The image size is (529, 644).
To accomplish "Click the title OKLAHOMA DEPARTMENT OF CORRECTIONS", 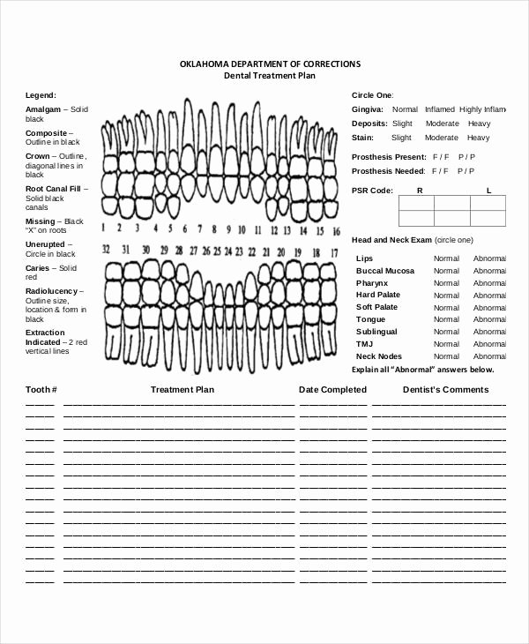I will tap(270, 64).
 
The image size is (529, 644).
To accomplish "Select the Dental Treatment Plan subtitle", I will tap(270, 77).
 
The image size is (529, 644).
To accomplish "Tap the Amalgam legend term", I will tap(43, 109).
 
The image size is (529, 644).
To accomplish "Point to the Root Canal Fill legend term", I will tap(53, 189).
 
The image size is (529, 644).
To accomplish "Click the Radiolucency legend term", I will tap(54, 291).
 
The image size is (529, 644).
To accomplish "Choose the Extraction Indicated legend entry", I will tap(45, 337).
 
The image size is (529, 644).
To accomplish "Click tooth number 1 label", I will tap(105, 228).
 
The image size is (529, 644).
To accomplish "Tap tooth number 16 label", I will tap(336, 231).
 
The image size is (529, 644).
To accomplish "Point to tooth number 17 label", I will tap(334, 252).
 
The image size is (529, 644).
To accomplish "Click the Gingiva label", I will tap(366, 110).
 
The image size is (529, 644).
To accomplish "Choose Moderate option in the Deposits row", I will tap(442, 124).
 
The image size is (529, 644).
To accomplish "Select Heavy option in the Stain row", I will tap(479, 138).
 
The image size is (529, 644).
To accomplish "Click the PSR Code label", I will tap(372, 191).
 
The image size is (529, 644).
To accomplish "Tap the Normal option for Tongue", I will tap(446, 319).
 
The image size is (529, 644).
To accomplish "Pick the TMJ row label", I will tap(364, 344).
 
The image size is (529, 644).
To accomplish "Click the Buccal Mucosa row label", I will tap(385, 271).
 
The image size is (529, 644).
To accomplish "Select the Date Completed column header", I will tap(332, 389).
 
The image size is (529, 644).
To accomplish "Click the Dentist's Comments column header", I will tap(445, 389).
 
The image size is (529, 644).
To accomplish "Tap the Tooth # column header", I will tap(41, 389).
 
